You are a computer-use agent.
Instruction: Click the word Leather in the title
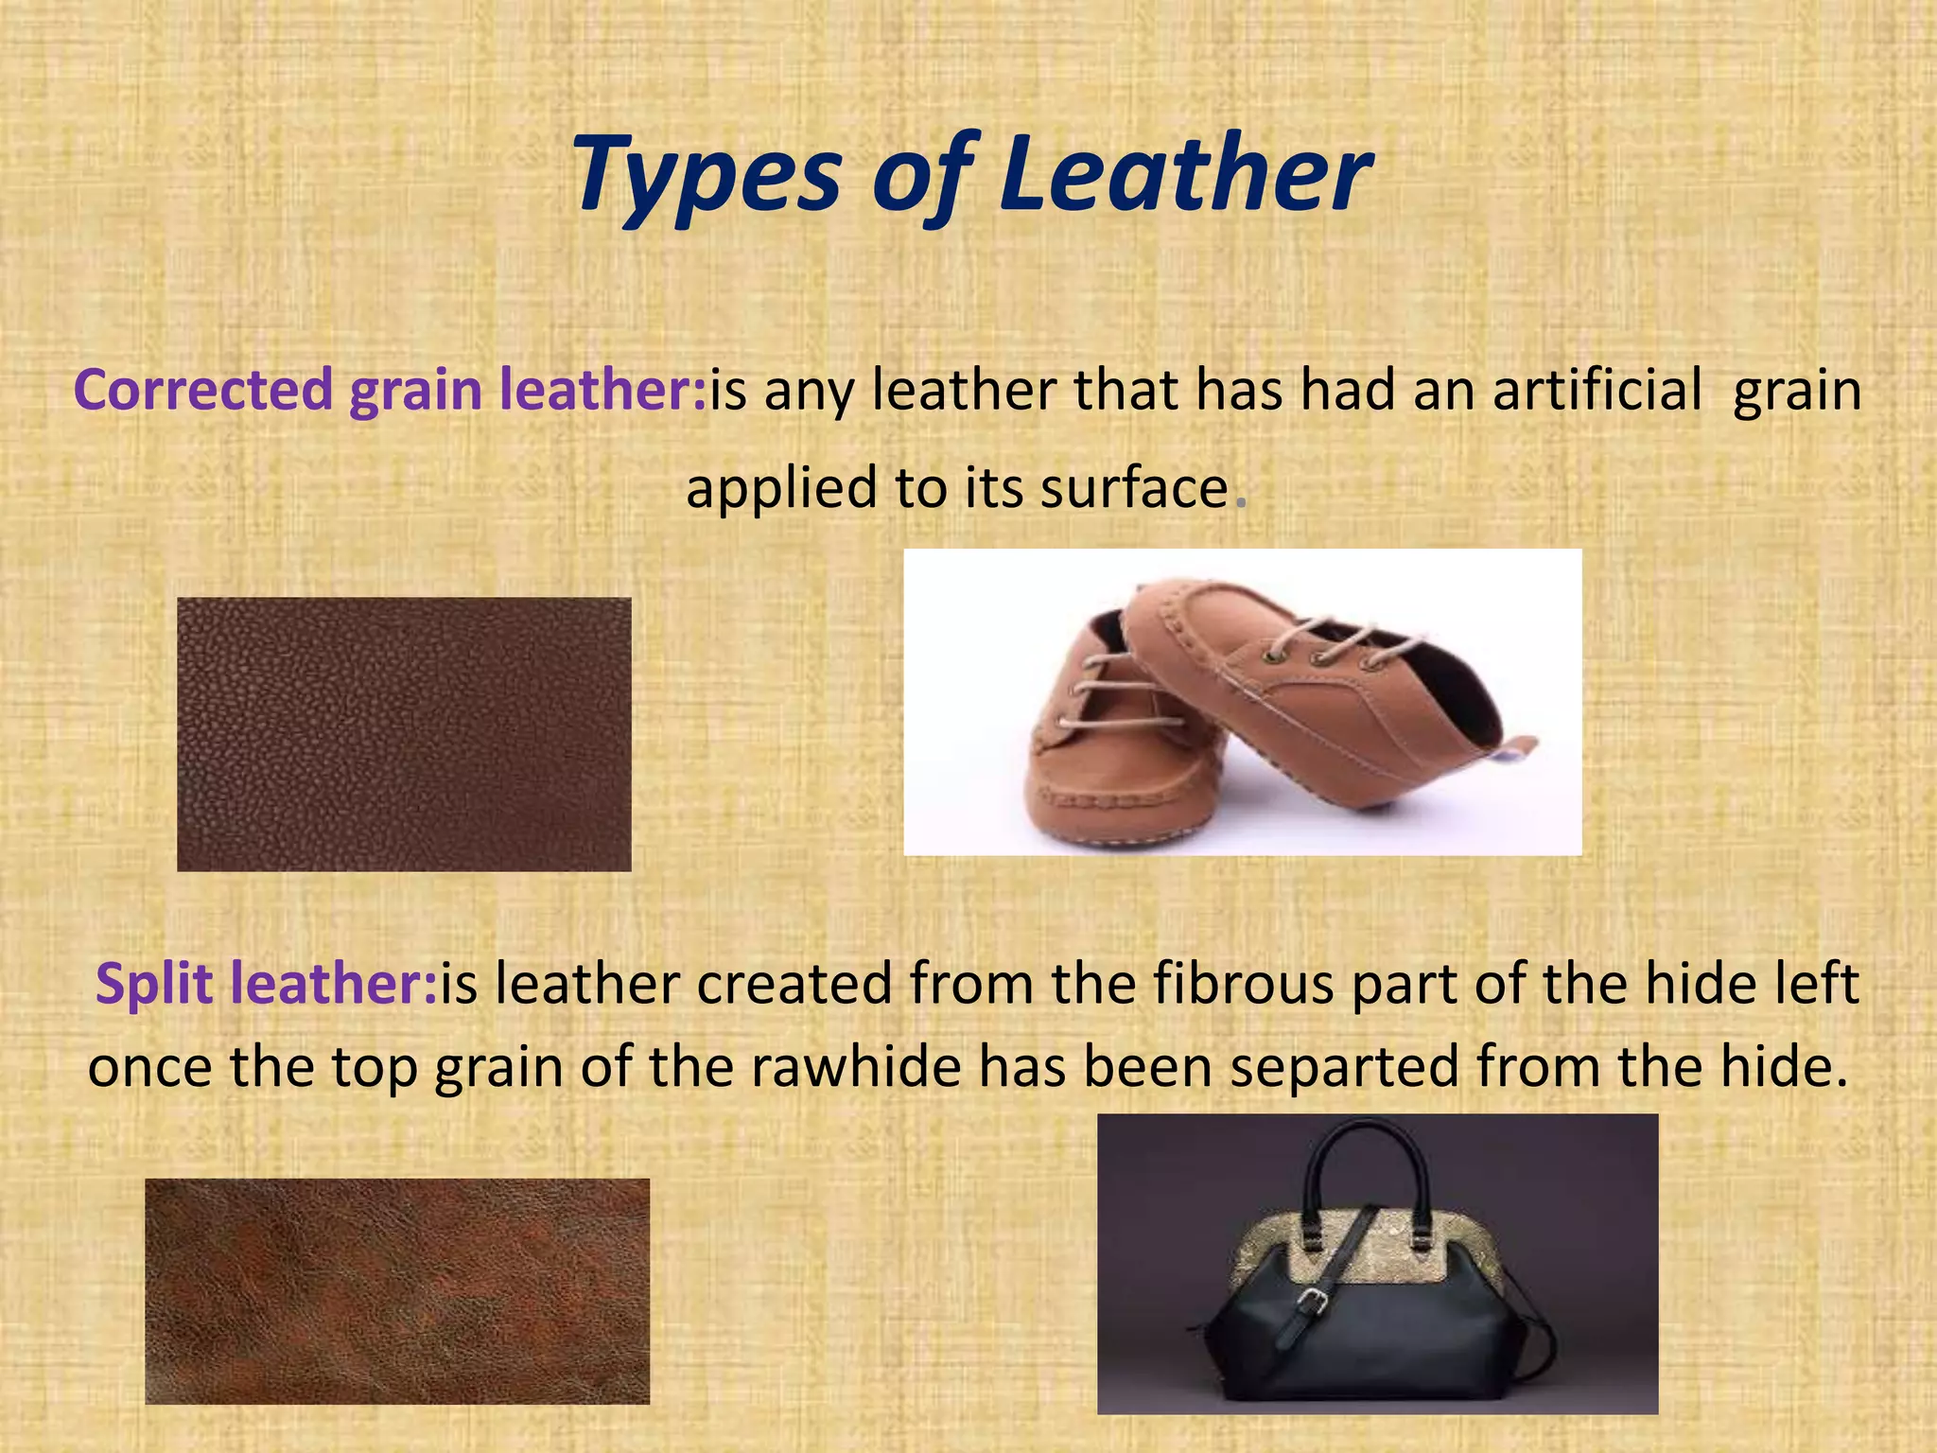tap(1184, 175)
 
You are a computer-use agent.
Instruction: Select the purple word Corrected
tap(202, 390)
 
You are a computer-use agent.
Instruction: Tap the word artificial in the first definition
tap(1597, 390)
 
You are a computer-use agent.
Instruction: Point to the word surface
tap(1134, 488)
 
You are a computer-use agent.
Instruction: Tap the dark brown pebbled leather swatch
tap(404, 734)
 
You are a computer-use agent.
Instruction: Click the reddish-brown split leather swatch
tap(397, 1290)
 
